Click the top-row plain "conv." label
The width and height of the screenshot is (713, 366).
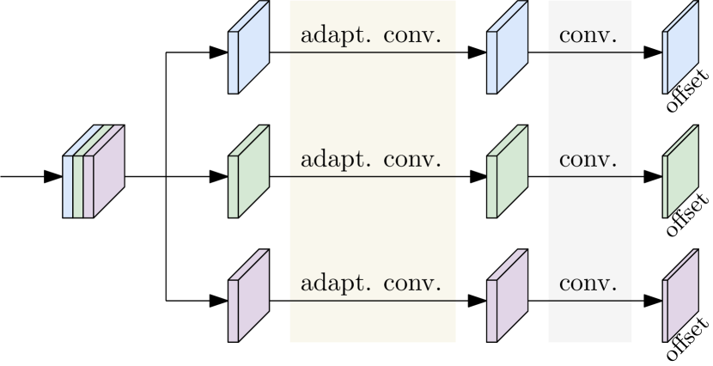588,37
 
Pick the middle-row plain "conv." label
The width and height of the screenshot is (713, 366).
588,161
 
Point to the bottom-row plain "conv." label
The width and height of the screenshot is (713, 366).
588,284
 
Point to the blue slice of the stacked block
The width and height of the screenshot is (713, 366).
69,186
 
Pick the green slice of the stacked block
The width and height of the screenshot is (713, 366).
78,186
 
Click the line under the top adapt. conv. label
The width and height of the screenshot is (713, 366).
372,52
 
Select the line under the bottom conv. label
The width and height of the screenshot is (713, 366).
589,301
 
